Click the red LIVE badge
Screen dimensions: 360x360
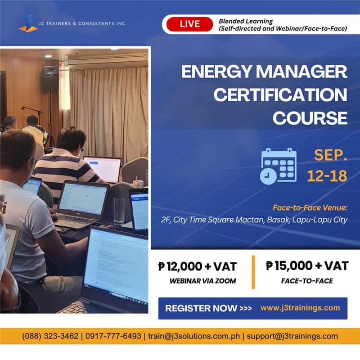[189, 24]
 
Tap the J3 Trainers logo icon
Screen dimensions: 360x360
[28, 24]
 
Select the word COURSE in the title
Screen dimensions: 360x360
[310, 118]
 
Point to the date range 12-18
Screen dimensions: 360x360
[327, 176]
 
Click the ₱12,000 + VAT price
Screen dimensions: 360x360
[198, 266]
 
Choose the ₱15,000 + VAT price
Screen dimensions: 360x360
[307, 265]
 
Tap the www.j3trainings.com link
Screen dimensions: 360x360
[300, 308]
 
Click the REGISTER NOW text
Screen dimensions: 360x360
[201, 308]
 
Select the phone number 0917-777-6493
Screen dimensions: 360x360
[113, 336]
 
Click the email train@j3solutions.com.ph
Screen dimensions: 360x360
[194, 336]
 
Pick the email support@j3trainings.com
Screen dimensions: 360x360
[292, 336]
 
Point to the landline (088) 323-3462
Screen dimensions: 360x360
[50, 336]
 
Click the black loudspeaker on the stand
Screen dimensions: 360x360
[50, 79]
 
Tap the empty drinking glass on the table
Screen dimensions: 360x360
[119, 210]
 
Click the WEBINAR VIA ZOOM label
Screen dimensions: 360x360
[203, 281]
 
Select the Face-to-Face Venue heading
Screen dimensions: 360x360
[310, 208]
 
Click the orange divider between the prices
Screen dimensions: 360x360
[253, 272]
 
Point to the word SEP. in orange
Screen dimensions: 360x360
[331, 155]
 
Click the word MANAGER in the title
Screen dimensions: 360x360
[301, 72]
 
